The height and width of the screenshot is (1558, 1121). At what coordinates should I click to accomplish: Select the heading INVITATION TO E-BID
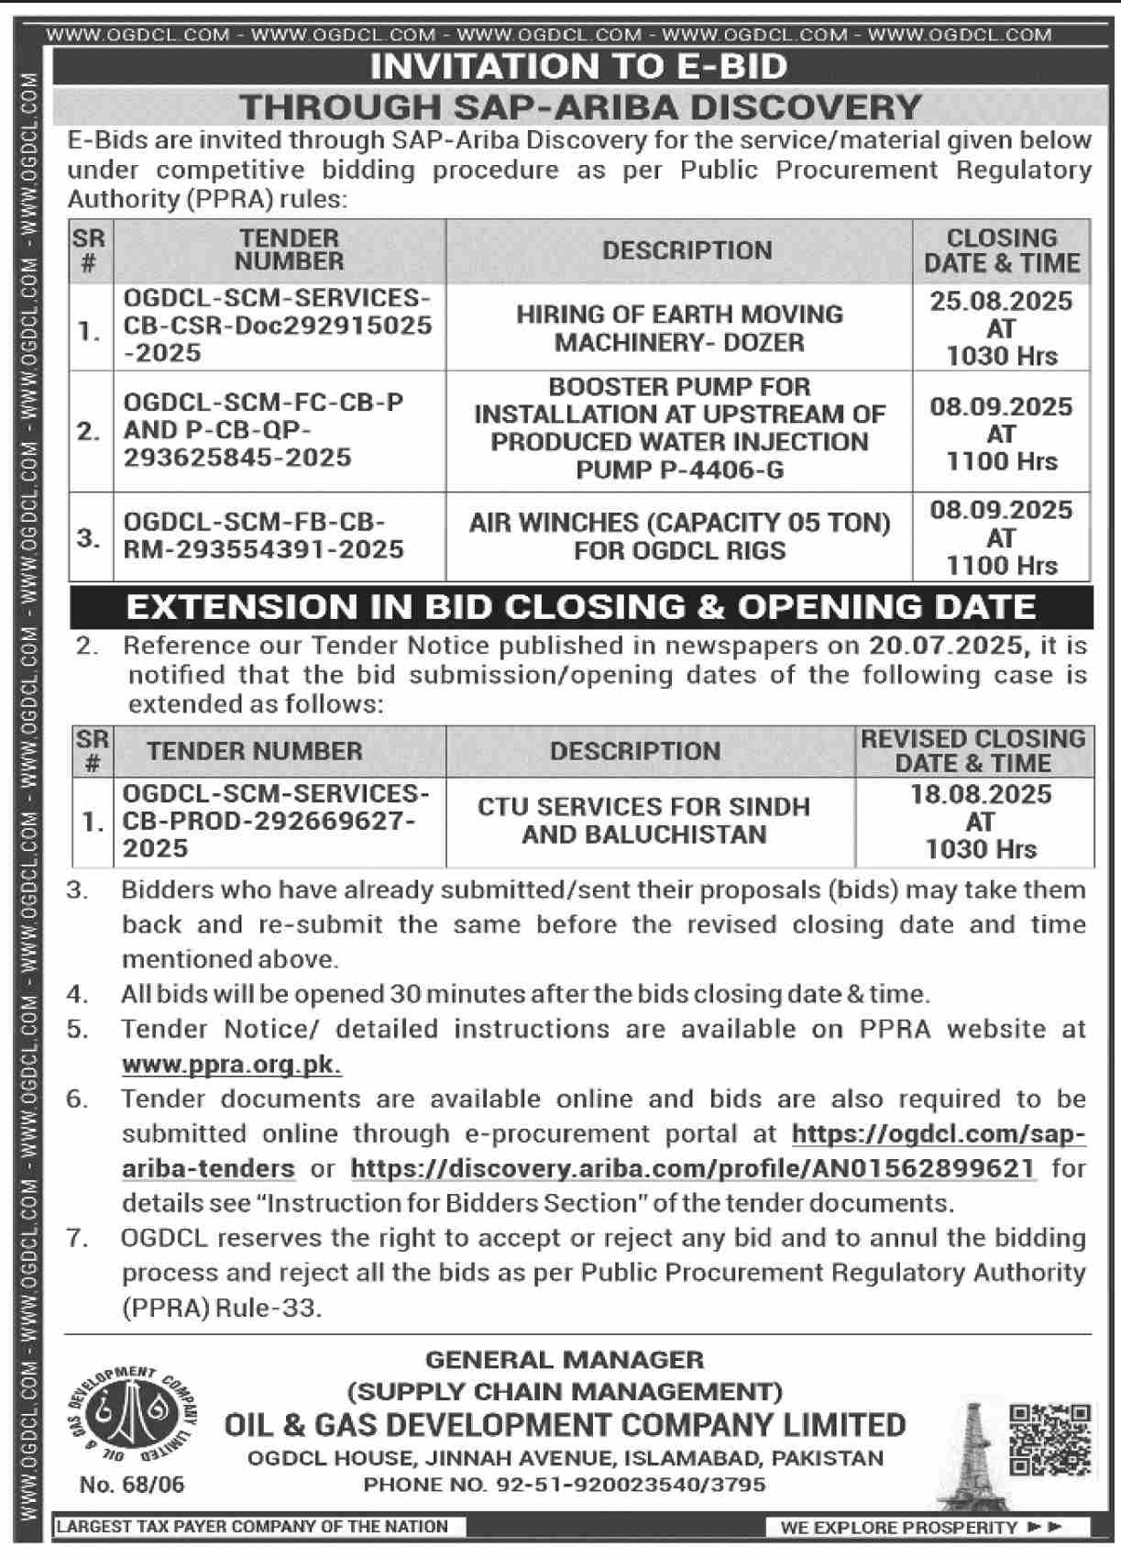pos(578,66)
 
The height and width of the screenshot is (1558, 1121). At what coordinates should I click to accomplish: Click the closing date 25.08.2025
pos(1001,301)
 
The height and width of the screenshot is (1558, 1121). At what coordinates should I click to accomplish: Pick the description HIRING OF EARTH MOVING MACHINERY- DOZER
pos(679,327)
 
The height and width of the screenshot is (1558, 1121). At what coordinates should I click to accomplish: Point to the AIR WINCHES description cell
pos(679,536)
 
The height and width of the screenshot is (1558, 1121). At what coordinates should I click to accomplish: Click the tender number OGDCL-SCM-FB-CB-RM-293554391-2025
pos(264,536)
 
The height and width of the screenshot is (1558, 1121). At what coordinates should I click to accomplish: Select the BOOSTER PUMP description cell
pos(679,428)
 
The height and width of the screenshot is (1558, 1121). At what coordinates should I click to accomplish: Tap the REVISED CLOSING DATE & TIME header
pos(973,751)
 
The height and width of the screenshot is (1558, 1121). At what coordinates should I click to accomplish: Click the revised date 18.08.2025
pos(981,794)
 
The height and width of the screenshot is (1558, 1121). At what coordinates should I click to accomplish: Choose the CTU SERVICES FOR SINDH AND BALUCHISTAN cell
pos(643,821)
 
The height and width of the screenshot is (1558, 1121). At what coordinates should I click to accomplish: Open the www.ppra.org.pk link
pos(232,1065)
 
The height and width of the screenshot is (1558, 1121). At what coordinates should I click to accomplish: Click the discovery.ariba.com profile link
pos(693,1168)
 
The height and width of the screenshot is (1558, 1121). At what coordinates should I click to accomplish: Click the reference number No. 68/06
pos(132,1485)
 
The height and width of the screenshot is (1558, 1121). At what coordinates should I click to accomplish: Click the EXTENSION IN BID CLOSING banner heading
pos(581,607)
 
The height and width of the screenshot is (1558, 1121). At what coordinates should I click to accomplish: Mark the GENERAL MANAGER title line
pos(565,1360)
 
